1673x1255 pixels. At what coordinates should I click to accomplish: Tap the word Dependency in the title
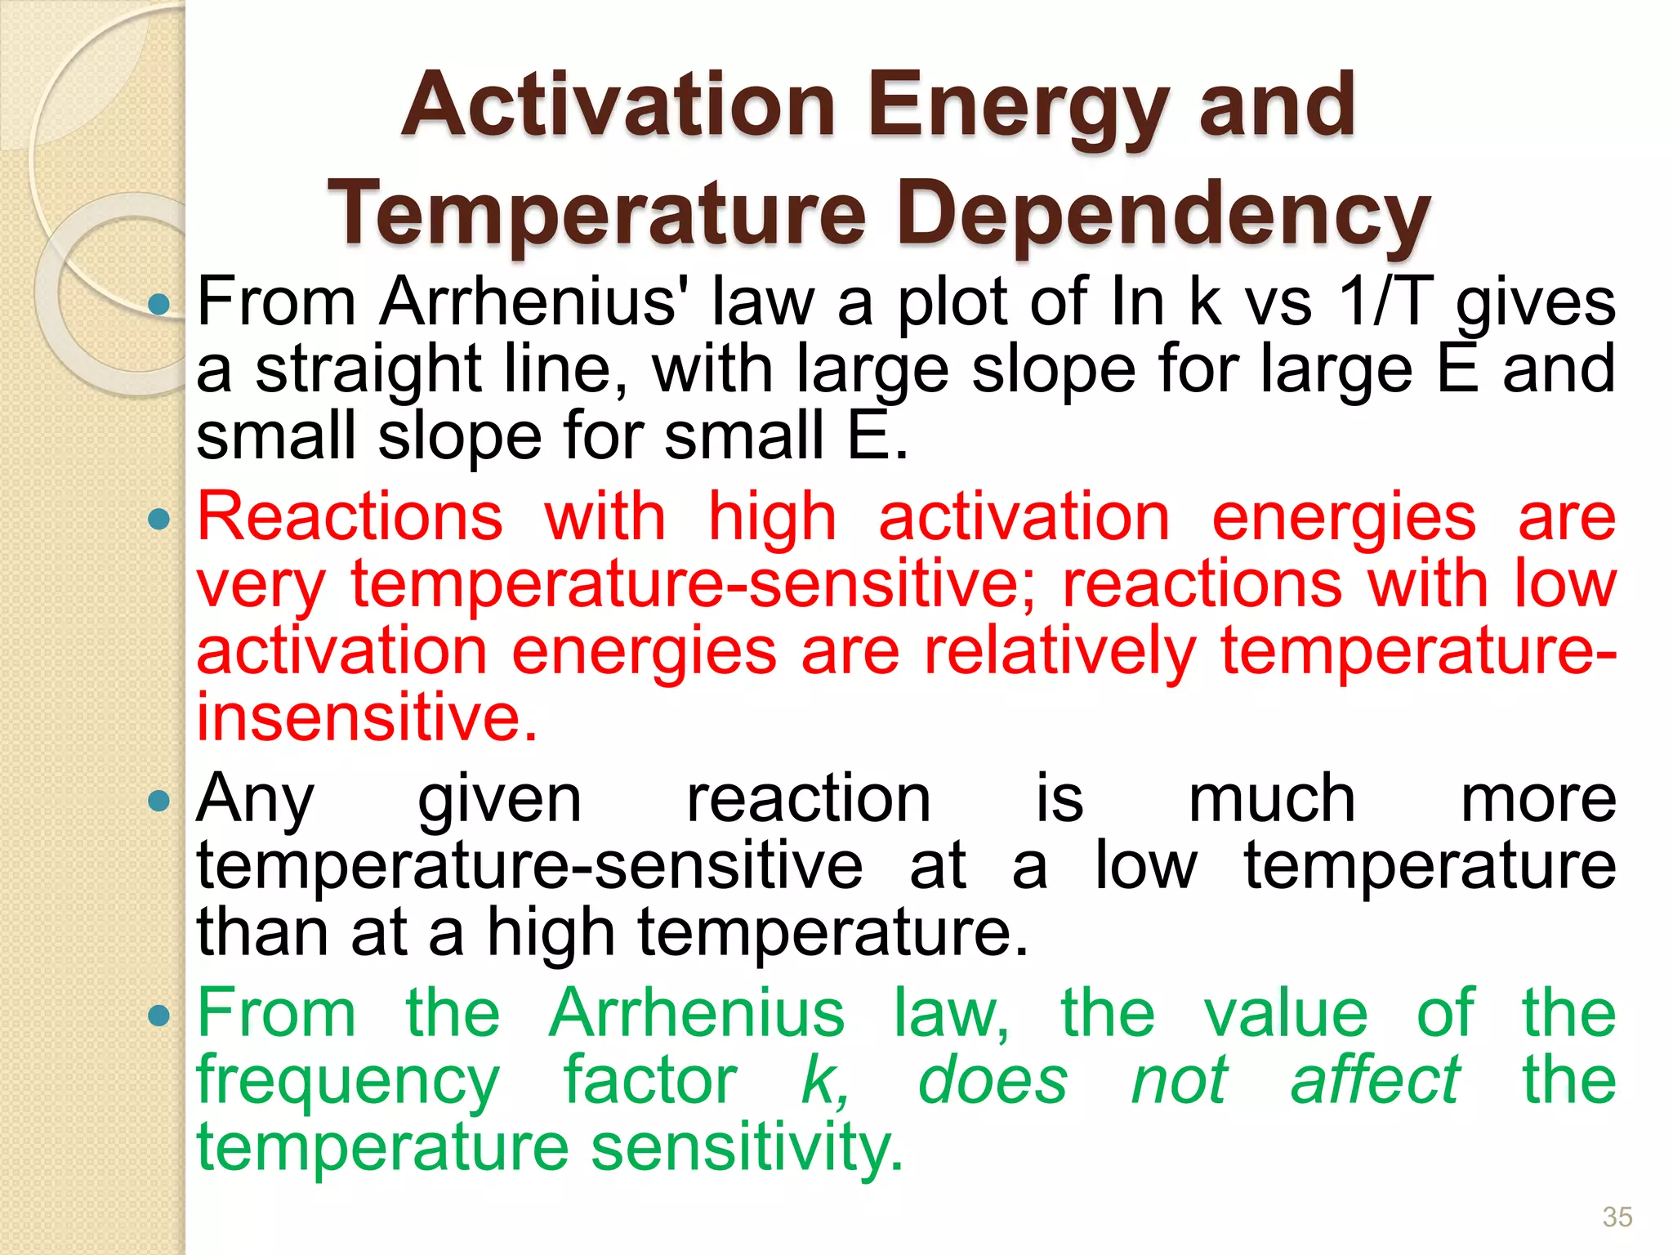click(1163, 214)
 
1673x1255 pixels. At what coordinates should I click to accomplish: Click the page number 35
click(1617, 1217)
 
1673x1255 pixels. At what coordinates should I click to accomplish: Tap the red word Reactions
click(350, 517)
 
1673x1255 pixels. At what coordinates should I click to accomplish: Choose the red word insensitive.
click(367, 717)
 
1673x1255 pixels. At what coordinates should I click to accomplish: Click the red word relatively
click(1060, 651)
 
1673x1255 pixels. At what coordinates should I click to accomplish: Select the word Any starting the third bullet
click(256, 799)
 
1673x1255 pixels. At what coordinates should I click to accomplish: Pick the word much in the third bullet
click(1271, 799)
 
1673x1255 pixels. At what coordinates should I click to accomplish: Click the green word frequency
click(348, 1081)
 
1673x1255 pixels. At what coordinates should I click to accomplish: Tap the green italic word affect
click(1375, 1080)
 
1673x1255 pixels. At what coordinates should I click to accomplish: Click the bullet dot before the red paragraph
click(159, 519)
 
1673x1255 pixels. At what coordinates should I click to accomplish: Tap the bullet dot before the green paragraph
click(159, 1016)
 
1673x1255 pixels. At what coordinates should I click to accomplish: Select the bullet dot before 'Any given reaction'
click(159, 801)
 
